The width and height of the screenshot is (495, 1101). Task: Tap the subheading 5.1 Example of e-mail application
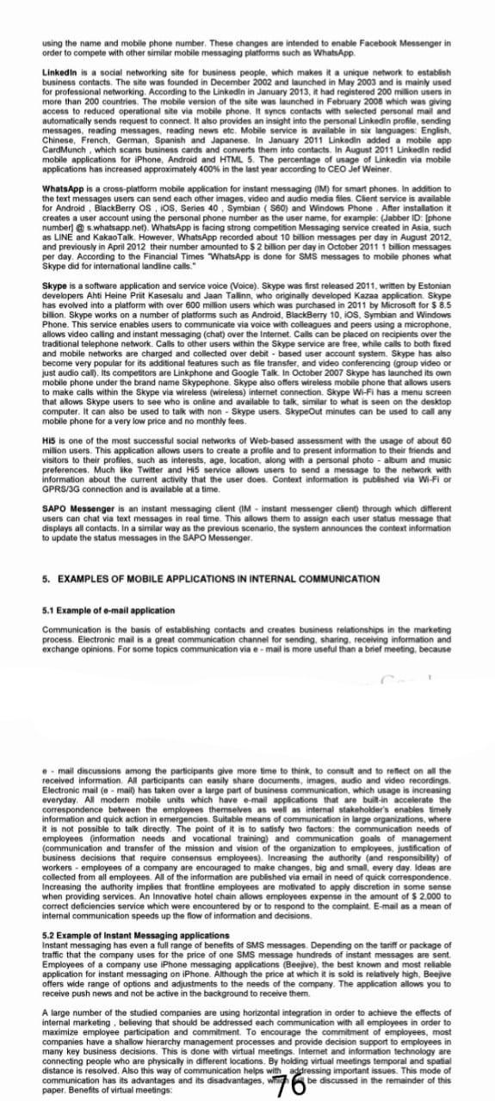[96, 586]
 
